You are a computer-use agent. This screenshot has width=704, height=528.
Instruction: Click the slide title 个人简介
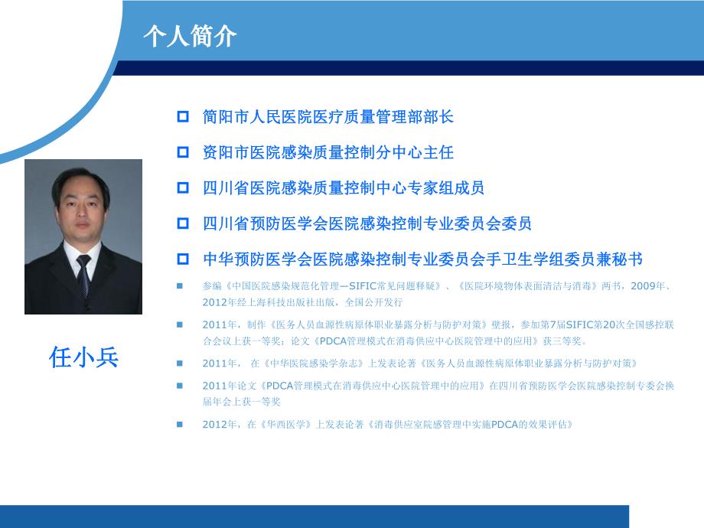189,36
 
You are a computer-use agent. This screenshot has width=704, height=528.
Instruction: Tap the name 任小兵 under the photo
84,357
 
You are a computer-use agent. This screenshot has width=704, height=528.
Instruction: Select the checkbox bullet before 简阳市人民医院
183,117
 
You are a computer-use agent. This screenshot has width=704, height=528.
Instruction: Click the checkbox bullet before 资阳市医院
183,152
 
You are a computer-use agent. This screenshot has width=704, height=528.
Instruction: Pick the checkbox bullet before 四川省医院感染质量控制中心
183,187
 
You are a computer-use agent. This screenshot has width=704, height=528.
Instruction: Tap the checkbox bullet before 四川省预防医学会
183,223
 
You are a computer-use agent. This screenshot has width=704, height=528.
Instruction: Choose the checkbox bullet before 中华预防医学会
183,259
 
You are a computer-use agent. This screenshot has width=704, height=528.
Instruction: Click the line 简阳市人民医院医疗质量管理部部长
328,117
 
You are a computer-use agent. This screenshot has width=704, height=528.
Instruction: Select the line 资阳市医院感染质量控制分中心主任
328,152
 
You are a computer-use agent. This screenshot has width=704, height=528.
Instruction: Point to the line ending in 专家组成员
344,187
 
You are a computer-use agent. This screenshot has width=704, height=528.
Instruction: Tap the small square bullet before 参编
181,286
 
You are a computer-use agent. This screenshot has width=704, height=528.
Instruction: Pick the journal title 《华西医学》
282,424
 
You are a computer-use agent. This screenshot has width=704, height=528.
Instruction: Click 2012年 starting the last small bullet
217,424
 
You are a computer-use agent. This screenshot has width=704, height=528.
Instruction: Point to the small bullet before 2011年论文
181,386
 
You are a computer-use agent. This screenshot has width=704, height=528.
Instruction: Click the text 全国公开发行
379,301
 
